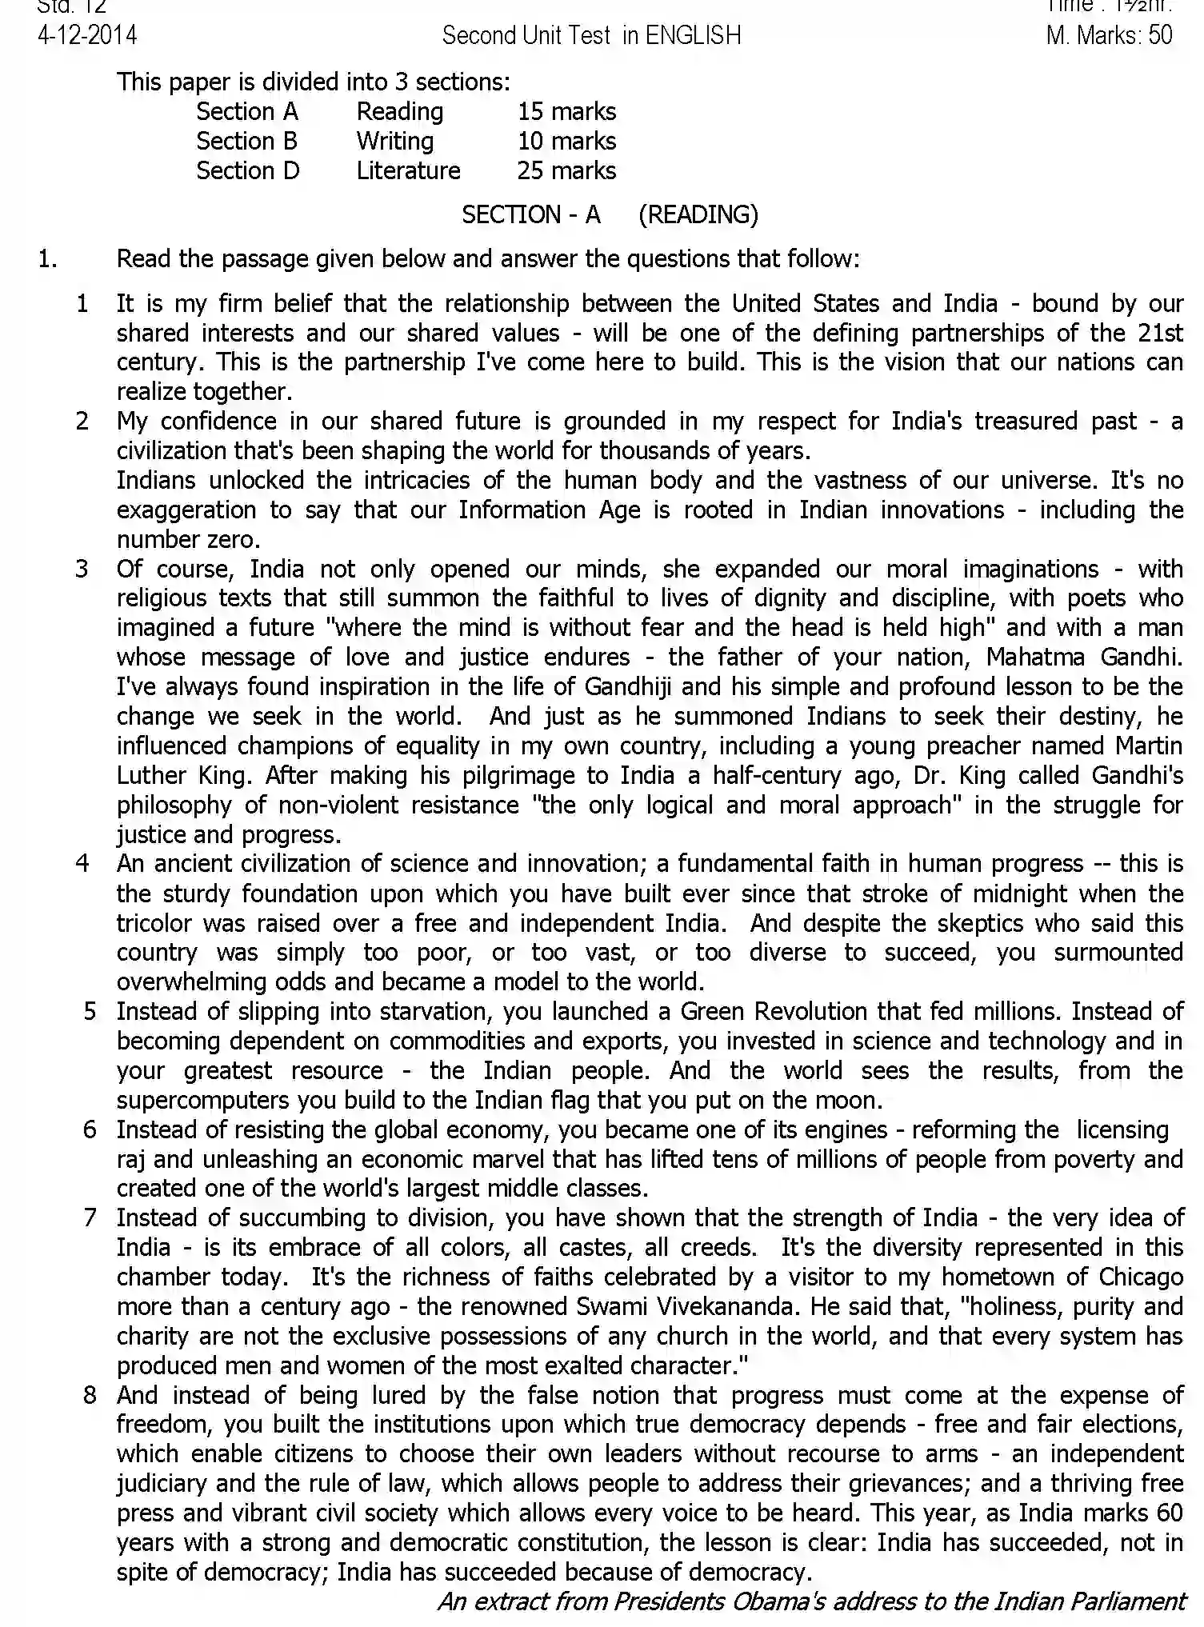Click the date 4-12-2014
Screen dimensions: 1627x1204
pyautogui.click(x=87, y=35)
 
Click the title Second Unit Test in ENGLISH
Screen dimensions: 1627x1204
pyautogui.click(x=591, y=35)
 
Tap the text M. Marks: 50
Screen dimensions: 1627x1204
pyautogui.click(x=1109, y=35)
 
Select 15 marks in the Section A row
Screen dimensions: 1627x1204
pyautogui.click(x=566, y=111)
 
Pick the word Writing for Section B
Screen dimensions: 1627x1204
pyautogui.click(x=395, y=141)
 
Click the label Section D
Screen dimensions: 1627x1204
pyautogui.click(x=247, y=170)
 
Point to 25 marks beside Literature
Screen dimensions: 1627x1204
pyautogui.click(x=566, y=170)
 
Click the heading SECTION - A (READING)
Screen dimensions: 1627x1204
pyautogui.click(x=610, y=214)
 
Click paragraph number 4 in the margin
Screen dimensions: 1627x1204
pyautogui.click(x=82, y=863)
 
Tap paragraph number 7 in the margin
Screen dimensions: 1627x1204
pyautogui.click(x=90, y=1217)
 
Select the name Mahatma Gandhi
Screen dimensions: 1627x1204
pyautogui.click(x=1083, y=657)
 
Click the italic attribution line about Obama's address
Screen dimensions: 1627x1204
pyautogui.click(x=810, y=1601)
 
